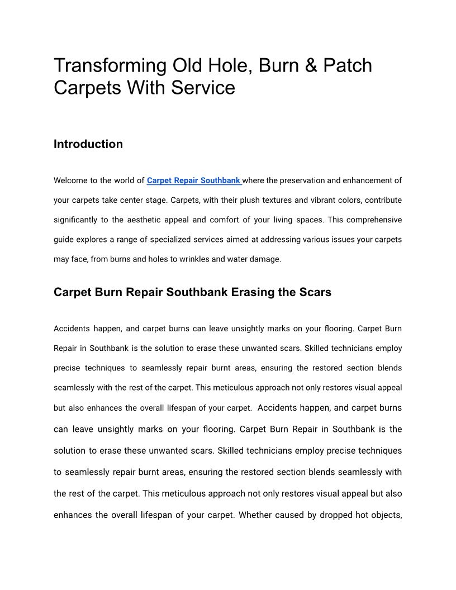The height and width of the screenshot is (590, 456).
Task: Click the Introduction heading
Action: [88, 144]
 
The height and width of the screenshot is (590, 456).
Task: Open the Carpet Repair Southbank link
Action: [194, 180]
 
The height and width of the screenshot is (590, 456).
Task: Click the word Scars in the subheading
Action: [316, 292]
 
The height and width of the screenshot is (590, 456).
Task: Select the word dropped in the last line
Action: [336, 515]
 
